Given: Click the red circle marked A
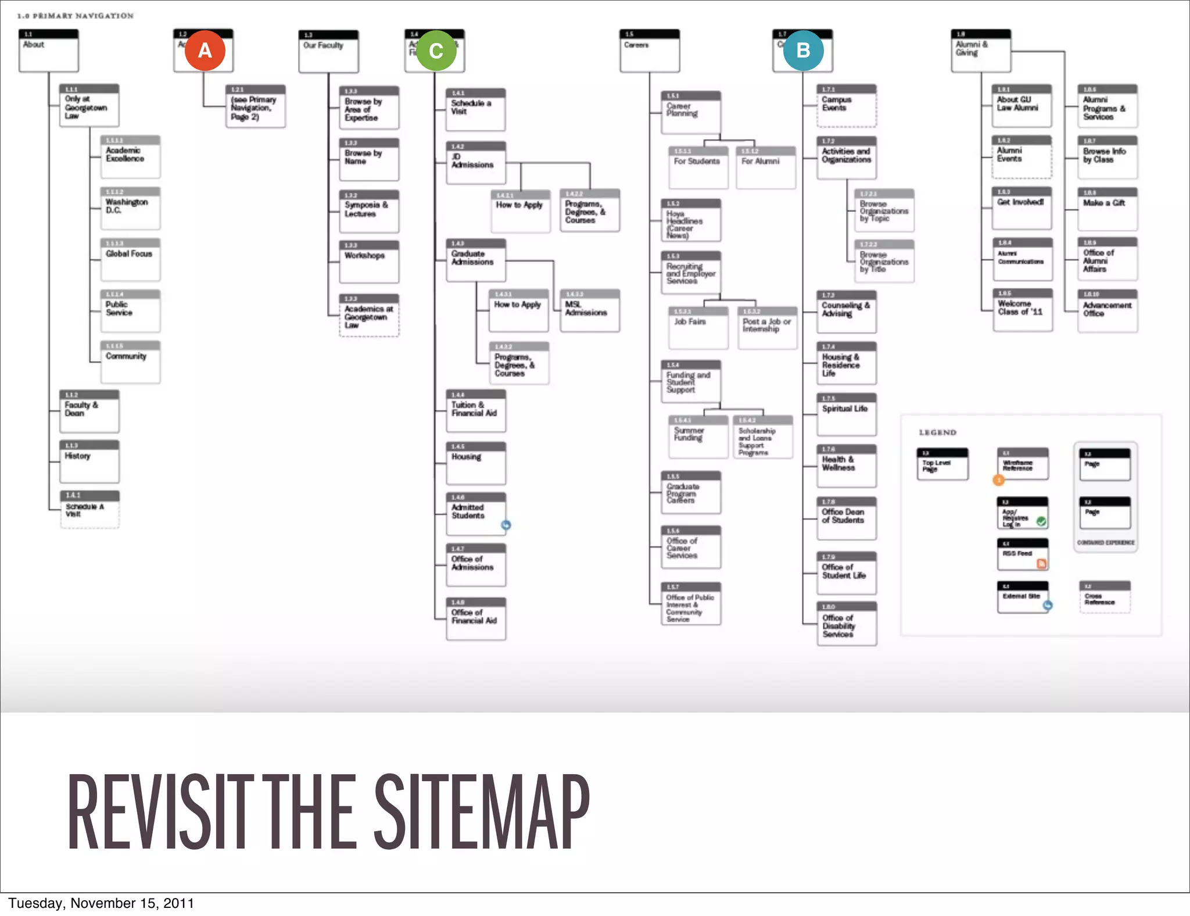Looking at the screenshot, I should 205,51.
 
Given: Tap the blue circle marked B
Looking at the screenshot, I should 803,51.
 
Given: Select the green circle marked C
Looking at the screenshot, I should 436,51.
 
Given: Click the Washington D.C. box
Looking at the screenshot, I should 130,208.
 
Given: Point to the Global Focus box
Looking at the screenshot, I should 130,259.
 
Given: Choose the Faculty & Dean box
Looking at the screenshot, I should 89,411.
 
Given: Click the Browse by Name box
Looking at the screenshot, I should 369,159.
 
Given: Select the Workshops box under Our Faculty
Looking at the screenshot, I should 369,261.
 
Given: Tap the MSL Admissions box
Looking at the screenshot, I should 589,310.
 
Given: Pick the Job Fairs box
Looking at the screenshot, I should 698,327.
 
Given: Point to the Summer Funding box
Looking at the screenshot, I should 698,436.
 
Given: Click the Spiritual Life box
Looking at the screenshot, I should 846,414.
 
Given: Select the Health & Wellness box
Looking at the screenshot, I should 846,466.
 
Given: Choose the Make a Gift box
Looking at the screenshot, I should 1107,209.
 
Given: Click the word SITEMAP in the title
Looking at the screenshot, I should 482,813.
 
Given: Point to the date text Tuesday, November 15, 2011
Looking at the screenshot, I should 101,903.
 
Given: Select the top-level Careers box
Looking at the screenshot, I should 649,51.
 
